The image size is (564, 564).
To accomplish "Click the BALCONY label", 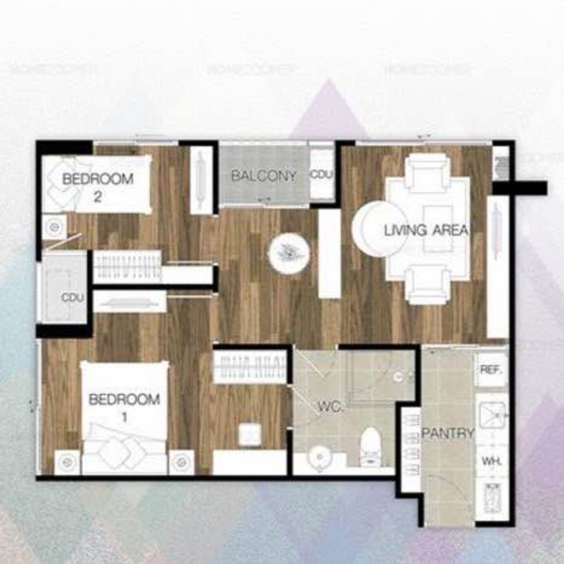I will click(x=264, y=176).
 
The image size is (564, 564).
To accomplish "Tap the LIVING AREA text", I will click(x=426, y=230).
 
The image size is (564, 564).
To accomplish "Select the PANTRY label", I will click(x=447, y=433).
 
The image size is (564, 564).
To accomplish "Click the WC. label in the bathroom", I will click(x=331, y=407).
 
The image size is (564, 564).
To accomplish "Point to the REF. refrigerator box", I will click(x=492, y=369).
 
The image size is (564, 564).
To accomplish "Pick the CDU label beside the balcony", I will click(x=322, y=174).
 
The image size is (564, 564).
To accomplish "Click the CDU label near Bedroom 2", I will click(x=73, y=298).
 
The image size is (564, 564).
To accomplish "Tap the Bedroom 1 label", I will click(x=124, y=407).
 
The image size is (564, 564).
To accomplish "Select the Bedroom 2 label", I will click(x=98, y=187).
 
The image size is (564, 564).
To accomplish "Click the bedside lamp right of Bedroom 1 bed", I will click(x=180, y=463).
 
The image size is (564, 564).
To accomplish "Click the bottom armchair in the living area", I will click(x=427, y=283).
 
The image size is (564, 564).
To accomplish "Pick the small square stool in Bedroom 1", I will click(x=249, y=433).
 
